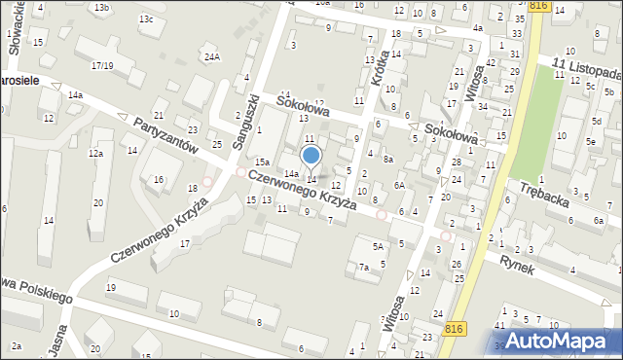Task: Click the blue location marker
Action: point(311,155)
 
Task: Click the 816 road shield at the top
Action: point(539,6)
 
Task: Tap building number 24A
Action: point(212,57)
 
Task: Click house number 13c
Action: point(146,19)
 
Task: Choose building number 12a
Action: point(95,154)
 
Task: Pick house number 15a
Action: point(262,162)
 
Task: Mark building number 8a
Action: point(387,159)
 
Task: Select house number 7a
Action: point(364,267)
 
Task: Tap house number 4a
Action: point(478,28)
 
